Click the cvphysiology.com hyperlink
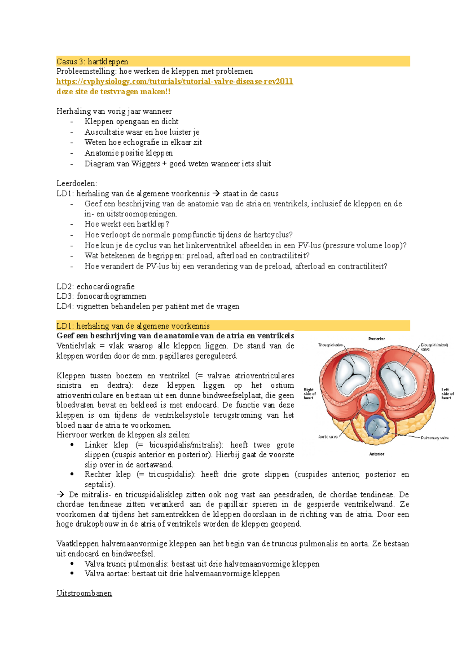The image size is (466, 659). click(x=174, y=82)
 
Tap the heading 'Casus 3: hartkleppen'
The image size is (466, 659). click(x=92, y=61)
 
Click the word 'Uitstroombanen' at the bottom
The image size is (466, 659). click(x=84, y=593)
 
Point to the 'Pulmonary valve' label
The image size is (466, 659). click(x=435, y=438)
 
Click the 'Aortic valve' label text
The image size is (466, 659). click(x=328, y=437)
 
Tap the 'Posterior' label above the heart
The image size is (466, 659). click(x=376, y=339)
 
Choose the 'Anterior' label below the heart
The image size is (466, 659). click(x=376, y=454)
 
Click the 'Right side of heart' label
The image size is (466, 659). click(x=310, y=393)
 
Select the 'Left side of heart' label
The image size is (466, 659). click(x=447, y=393)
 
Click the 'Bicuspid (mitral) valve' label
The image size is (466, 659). click(x=434, y=347)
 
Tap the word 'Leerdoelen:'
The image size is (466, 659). click(x=77, y=183)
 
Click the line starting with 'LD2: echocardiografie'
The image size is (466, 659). click(x=96, y=286)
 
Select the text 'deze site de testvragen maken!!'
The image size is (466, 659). click(x=113, y=92)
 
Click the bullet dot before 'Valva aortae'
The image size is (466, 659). click(x=72, y=574)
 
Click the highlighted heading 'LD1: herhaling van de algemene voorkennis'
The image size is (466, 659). click(x=133, y=326)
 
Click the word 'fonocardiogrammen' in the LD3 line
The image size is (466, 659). click(x=111, y=296)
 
